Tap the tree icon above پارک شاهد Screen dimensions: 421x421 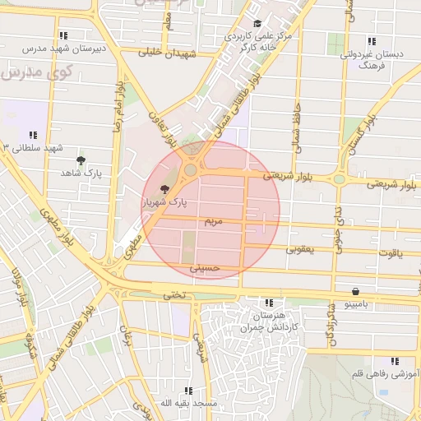click(x=81, y=161)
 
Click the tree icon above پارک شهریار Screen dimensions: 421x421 click(x=164, y=188)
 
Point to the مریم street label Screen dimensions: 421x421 click(x=212, y=222)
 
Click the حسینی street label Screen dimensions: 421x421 click(x=205, y=268)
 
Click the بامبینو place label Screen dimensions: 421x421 click(x=358, y=304)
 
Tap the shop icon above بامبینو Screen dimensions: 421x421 click(x=355, y=291)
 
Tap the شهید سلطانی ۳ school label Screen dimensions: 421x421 click(x=33, y=147)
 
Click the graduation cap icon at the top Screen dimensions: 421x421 click(x=257, y=24)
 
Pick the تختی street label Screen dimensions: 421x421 click(x=173, y=294)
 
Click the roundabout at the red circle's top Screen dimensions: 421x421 click(x=191, y=169)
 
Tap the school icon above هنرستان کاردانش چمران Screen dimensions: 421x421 click(x=268, y=303)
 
